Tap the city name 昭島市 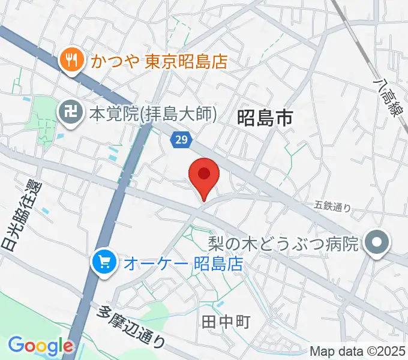tap(265, 118)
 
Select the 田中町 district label tap(226, 323)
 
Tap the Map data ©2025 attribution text tap(358, 352)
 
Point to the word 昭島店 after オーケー tap(220, 263)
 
